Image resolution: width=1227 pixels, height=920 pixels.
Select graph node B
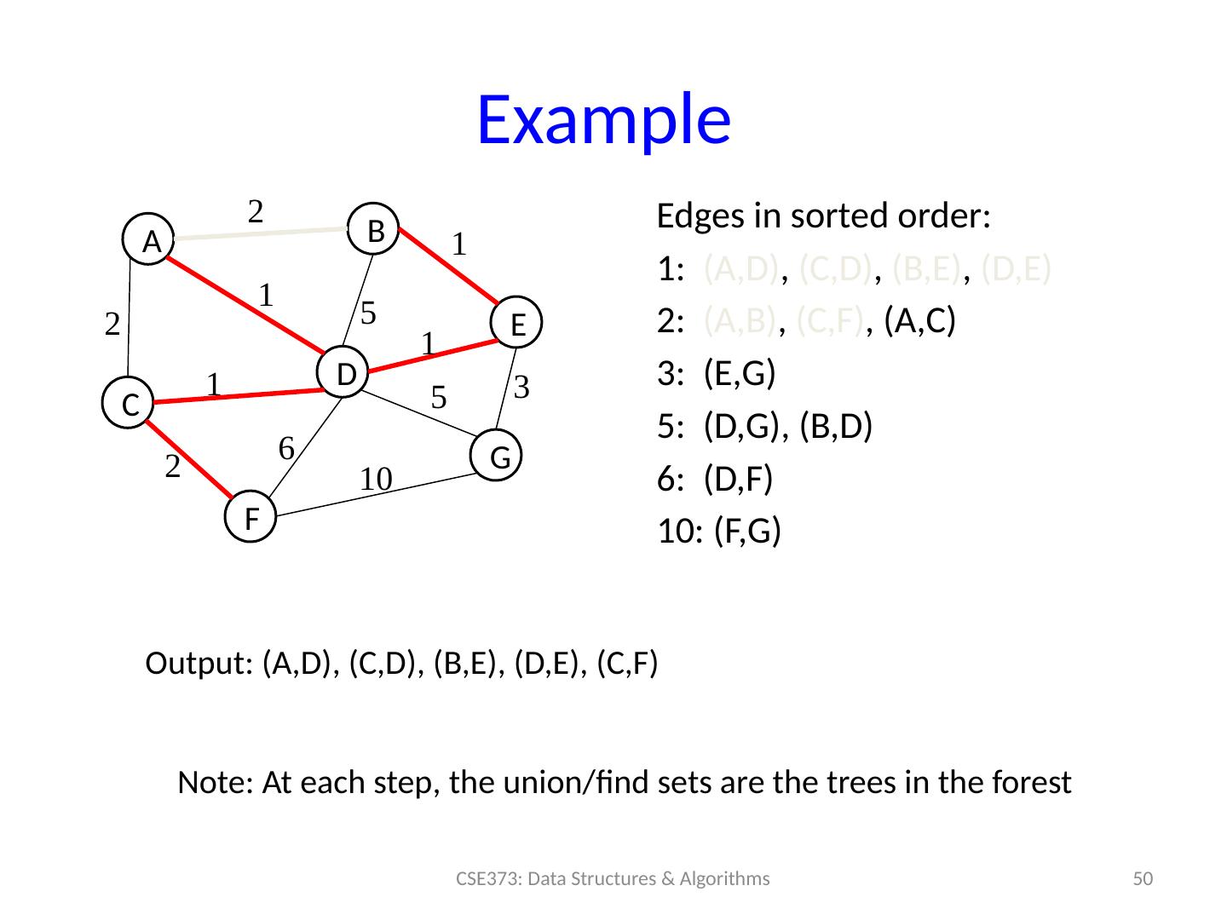[376, 228]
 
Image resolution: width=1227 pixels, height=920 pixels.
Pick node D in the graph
[343, 373]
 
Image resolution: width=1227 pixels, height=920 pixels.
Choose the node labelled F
[252, 516]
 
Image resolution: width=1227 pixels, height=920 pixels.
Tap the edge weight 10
[375, 479]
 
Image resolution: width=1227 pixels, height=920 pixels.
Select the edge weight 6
[287, 447]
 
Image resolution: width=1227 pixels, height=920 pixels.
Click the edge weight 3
[523, 388]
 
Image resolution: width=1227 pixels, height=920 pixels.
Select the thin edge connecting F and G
[375, 495]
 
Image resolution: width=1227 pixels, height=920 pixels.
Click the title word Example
[603, 119]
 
